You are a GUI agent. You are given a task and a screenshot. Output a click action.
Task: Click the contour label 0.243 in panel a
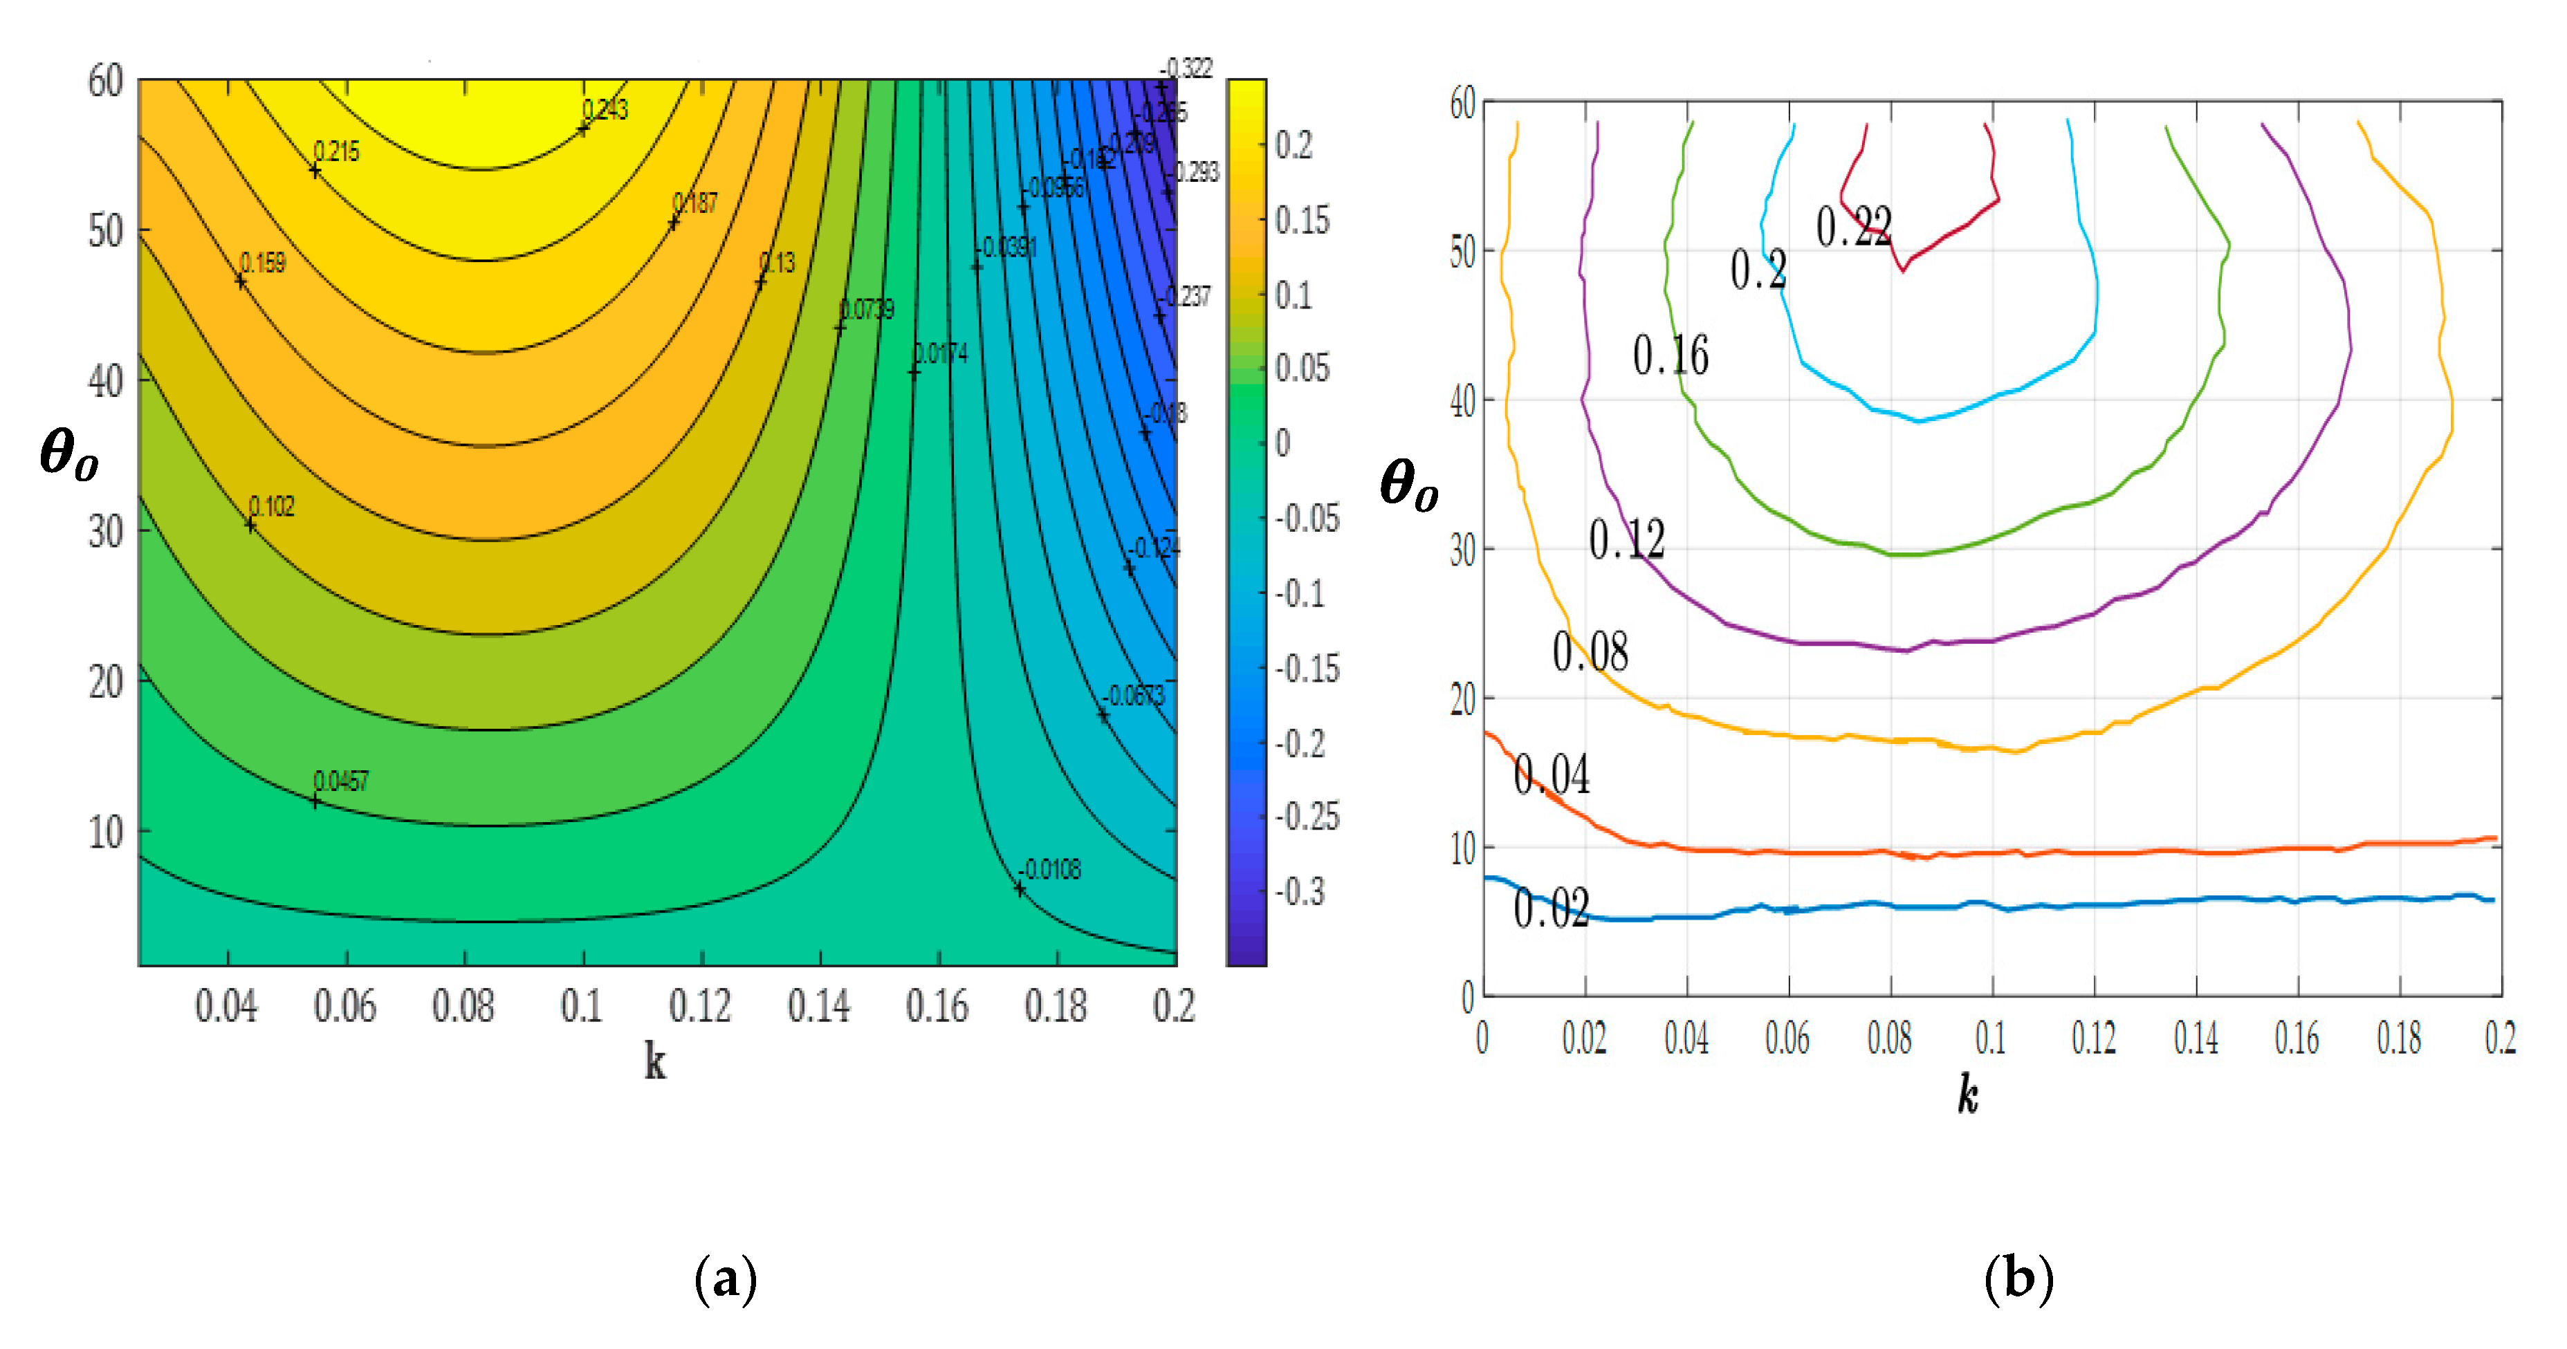[x=605, y=110]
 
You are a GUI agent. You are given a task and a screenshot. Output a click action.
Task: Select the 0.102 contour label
[x=271, y=506]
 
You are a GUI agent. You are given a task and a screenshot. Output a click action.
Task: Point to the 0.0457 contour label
[x=341, y=781]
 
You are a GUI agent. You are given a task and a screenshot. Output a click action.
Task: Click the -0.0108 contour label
[x=1050, y=870]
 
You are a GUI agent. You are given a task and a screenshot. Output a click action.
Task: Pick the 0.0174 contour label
[x=941, y=354]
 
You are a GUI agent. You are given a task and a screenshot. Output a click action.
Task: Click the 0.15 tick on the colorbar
[x=1301, y=220]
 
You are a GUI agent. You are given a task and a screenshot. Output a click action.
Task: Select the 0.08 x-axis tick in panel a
[x=463, y=1006]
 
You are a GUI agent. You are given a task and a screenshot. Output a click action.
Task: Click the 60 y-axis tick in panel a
[x=106, y=81]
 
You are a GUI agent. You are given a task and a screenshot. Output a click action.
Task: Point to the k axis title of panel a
[x=654, y=1062]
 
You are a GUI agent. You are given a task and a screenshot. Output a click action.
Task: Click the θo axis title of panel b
[x=1408, y=485]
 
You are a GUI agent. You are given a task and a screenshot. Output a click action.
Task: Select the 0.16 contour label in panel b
[x=1670, y=355]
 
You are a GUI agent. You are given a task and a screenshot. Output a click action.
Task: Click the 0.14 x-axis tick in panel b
[x=2196, y=1038]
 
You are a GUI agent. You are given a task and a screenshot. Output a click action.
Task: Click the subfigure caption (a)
[x=726, y=1278]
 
